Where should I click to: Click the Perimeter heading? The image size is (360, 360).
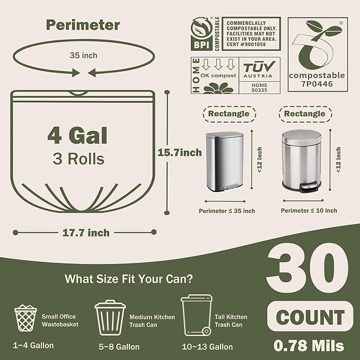[x=83, y=25]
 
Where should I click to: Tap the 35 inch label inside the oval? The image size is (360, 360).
[x=83, y=55]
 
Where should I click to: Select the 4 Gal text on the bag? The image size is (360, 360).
[x=77, y=135]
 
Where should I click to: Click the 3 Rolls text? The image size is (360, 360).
[x=78, y=159]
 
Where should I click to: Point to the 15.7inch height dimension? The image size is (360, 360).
[x=180, y=153]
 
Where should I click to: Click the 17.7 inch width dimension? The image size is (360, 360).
[x=86, y=233]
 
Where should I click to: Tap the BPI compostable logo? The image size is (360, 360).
[x=205, y=34]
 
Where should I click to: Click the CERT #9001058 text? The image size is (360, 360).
[x=246, y=45]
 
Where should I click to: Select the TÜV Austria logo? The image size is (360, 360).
[x=259, y=69]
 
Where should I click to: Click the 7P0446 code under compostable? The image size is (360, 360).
[x=317, y=84]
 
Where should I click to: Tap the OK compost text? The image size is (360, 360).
[x=218, y=75]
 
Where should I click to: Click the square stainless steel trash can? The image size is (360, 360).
[x=225, y=161]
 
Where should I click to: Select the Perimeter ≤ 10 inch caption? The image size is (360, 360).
[x=309, y=210]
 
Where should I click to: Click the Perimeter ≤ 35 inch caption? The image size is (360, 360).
[x=227, y=211]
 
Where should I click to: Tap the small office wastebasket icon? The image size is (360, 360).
[x=25, y=318]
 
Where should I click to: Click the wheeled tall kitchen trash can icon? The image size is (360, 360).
[x=197, y=315]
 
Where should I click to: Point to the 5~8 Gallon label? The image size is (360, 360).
[x=119, y=347]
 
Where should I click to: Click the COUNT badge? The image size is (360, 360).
[x=310, y=317]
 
